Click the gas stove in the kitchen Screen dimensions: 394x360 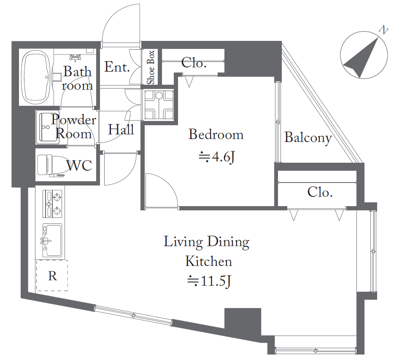tap(52, 204)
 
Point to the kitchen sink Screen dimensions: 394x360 tap(52, 240)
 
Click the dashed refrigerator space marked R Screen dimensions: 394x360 tap(52, 275)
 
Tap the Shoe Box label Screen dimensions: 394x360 tap(151, 67)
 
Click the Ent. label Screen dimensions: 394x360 tap(117, 67)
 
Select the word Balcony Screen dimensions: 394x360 tap(308, 138)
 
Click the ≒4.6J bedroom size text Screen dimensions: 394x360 tap(217, 157)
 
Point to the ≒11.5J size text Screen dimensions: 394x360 tap(209, 281)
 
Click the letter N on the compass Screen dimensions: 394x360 tap(383, 30)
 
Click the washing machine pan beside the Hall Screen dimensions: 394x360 tap(159, 105)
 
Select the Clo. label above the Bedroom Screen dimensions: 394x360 tap(194, 63)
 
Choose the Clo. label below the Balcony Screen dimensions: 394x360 tap(320, 192)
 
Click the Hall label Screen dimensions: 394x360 tap(121, 129)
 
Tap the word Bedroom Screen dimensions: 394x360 tap(216, 134)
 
